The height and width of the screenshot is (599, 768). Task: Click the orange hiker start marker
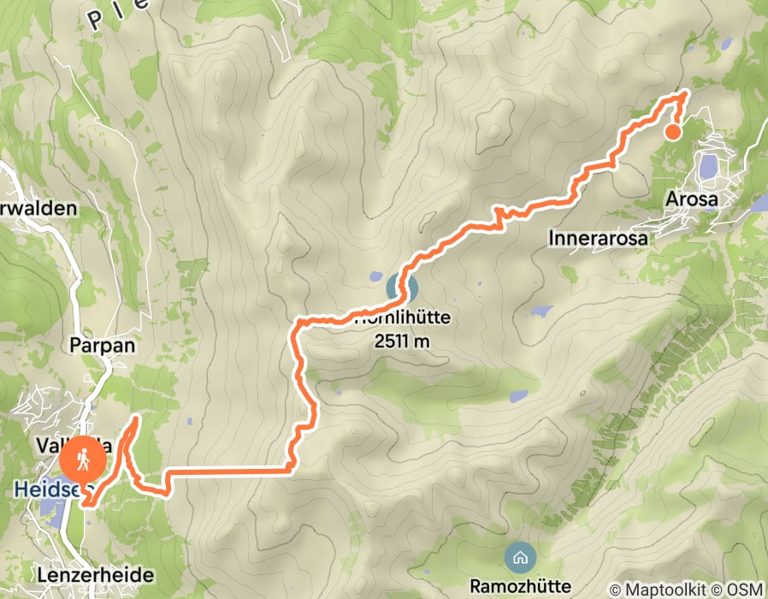pos(83,460)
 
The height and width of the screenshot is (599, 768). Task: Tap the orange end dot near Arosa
pos(673,132)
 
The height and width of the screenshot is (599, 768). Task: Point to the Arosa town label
pos(694,199)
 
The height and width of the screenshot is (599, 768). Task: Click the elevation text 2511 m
pos(401,341)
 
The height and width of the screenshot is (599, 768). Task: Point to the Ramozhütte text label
pos(518,585)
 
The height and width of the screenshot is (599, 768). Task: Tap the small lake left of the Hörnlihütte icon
pos(375,277)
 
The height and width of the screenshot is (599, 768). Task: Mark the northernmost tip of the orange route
pos(686,93)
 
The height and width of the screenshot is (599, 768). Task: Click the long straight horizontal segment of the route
pos(227,469)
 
